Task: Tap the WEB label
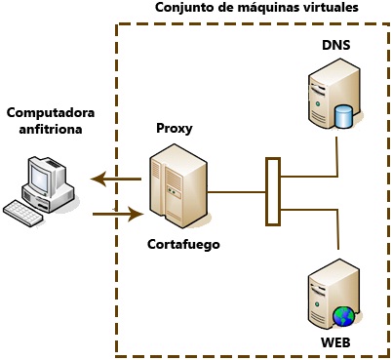[x=335, y=342]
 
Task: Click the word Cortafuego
[x=183, y=244]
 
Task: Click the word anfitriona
[x=43, y=128]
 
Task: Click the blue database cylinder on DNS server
[x=342, y=118]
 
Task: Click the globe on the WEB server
[x=343, y=315]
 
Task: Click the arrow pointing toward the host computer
[x=114, y=178]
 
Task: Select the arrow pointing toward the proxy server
[x=117, y=212]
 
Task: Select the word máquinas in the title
[x=257, y=8]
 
